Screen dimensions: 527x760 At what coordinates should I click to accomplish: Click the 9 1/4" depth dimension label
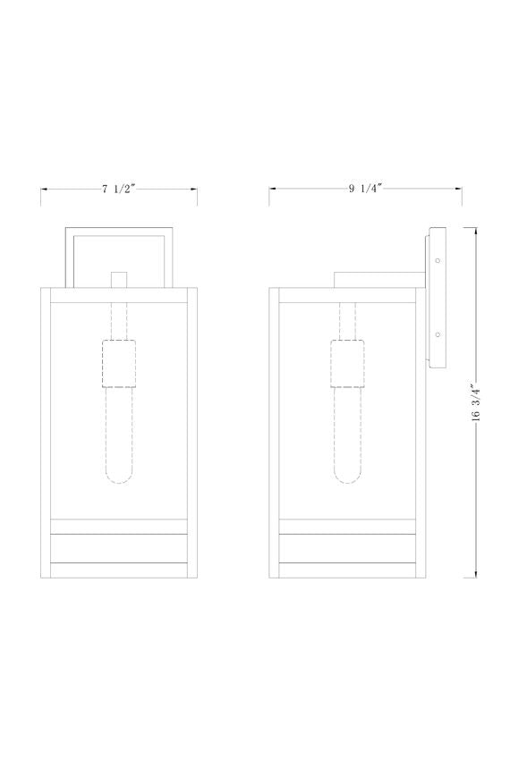point(362,189)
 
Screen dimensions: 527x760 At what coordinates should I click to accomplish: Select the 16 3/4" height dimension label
point(476,401)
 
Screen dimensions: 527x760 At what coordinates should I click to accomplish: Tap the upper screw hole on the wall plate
point(438,260)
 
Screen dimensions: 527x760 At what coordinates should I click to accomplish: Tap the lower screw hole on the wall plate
point(438,334)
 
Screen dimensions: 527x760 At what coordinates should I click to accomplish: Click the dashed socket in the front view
point(119,364)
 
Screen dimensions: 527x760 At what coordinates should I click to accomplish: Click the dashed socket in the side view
point(348,364)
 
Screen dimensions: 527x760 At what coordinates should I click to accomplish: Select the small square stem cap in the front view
point(119,280)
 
